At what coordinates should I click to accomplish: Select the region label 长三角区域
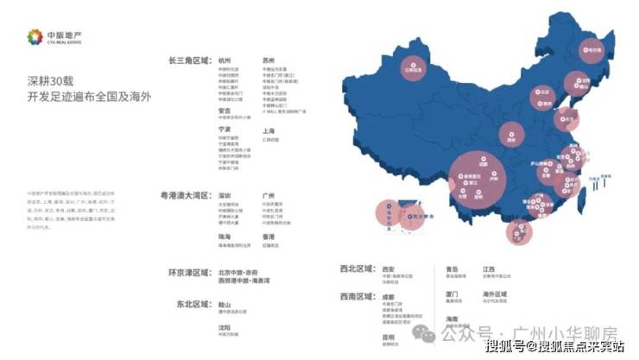189,61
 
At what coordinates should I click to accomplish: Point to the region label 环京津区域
189,272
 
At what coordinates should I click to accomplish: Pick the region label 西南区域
357,294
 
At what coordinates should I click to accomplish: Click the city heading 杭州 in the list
225,61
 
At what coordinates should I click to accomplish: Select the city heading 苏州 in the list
269,61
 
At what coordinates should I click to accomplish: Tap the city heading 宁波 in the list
225,129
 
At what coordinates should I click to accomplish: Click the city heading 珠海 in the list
225,236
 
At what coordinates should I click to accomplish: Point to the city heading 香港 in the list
269,236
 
